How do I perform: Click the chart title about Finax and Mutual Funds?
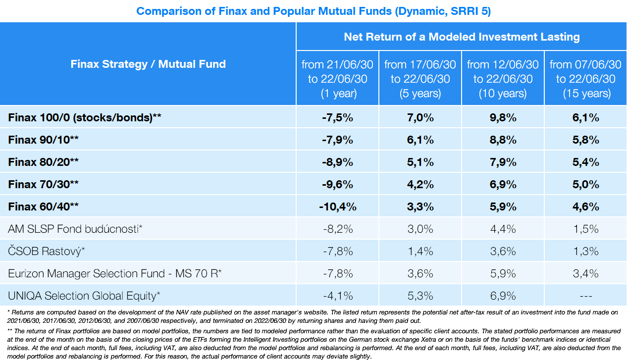(x=313, y=11)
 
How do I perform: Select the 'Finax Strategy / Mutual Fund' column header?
(x=148, y=64)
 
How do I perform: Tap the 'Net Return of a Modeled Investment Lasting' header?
(x=462, y=37)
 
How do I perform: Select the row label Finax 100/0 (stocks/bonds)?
(x=85, y=118)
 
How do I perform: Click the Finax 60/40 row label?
(x=44, y=206)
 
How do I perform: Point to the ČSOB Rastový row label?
(x=47, y=251)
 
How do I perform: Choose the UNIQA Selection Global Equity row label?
(x=84, y=296)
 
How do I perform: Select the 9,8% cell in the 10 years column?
(x=503, y=118)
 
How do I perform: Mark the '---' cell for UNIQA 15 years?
(x=586, y=296)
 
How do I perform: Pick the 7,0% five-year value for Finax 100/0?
(x=420, y=118)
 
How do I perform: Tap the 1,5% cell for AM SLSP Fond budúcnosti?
(x=586, y=229)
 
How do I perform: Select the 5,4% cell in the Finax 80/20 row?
(x=586, y=162)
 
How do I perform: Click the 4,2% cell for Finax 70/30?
(x=420, y=184)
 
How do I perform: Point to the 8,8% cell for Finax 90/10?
(x=503, y=140)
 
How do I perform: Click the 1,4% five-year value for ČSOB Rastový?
(x=420, y=251)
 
